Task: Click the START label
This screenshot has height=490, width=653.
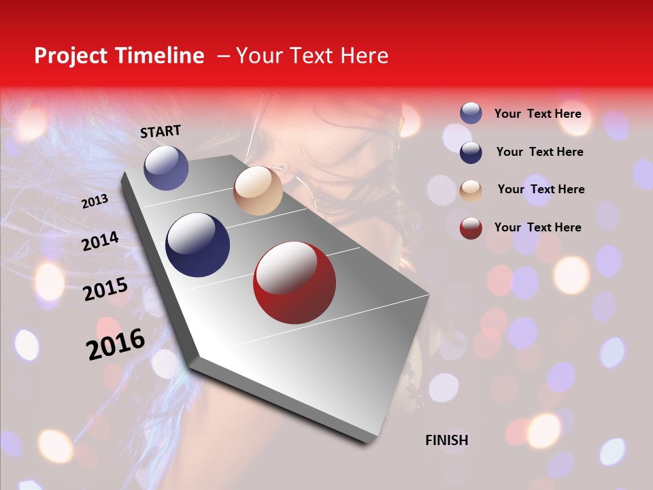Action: pos(161,131)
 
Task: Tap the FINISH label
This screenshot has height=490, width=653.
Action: pos(446,440)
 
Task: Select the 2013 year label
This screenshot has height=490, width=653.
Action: pos(95,201)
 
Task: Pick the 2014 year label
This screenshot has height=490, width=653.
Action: pos(100,241)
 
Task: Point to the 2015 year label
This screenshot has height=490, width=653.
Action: pos(105,289)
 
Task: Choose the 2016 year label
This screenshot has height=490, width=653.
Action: pos(116,344)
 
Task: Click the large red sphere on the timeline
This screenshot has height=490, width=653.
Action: pos(295,282)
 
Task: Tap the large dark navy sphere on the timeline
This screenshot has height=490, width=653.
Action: pos(197,245)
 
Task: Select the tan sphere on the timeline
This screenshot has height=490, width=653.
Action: pos(258,191)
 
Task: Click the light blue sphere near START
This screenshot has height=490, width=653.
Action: pos(167,167)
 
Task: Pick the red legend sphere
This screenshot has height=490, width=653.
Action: pos(471,228)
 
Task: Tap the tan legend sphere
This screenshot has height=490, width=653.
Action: pos(471,190)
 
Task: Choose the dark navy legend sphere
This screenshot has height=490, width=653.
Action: pos(471,152)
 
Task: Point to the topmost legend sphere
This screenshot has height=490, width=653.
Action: pos(471,114)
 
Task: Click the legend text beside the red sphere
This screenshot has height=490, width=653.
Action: pos(537,227)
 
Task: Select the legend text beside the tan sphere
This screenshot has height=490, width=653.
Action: pos(541,189)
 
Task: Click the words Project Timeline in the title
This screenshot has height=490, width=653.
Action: pos(119,56)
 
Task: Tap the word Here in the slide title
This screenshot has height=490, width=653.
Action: pos(364,56)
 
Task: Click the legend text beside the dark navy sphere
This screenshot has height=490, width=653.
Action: pos(539,152)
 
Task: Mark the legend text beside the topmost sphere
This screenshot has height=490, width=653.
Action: pos(537,114)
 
